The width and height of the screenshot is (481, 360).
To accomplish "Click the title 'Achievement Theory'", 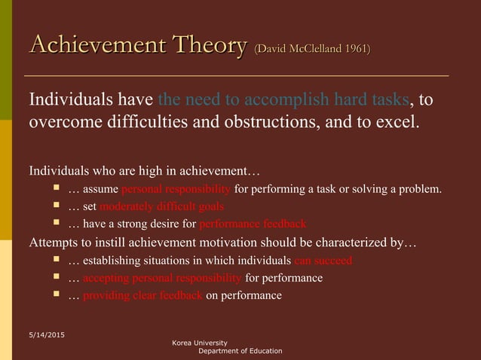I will pyautogui.click(x=137, y=46).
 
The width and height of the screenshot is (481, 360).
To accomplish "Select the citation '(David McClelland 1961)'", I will pyautogui.click(x=312, y=50).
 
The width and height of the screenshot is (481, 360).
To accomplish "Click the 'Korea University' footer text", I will pyautogui.click(x=199, y=343).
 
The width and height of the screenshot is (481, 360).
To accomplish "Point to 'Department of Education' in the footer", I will pyautogui.click(x=240, y=351).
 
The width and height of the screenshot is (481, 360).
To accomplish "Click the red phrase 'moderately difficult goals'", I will pyautogui.click(x=161, y=206).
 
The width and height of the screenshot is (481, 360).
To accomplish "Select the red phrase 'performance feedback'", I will pyautogui.click(x=253, y=224).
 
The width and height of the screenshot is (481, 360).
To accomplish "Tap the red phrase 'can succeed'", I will pyautogui.click(x=323, y=261).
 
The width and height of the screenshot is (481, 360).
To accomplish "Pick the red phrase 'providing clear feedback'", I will pyautogui.click(x=142, y=296).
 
